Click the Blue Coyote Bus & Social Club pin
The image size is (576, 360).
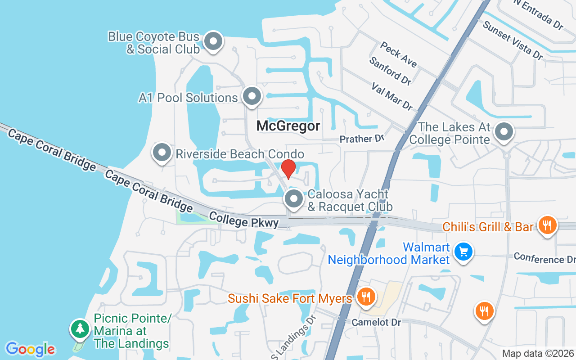213,42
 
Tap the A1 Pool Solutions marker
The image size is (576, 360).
252,96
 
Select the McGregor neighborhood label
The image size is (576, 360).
288,126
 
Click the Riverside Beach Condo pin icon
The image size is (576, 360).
162,153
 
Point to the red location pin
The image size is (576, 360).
288,169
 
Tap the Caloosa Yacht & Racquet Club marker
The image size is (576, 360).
294,198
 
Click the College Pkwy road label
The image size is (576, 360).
243,220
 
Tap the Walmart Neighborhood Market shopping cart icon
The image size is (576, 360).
463,252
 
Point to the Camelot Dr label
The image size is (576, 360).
376,322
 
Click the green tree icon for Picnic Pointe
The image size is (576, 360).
80,328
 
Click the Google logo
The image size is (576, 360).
30,349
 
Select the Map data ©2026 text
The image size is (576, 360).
538,353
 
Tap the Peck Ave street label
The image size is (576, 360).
398,54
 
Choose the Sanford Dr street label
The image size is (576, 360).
390,71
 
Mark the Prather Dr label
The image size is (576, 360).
362,139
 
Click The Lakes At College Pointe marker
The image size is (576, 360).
504,132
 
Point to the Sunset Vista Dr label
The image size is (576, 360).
513,40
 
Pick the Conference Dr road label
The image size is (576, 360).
544,258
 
